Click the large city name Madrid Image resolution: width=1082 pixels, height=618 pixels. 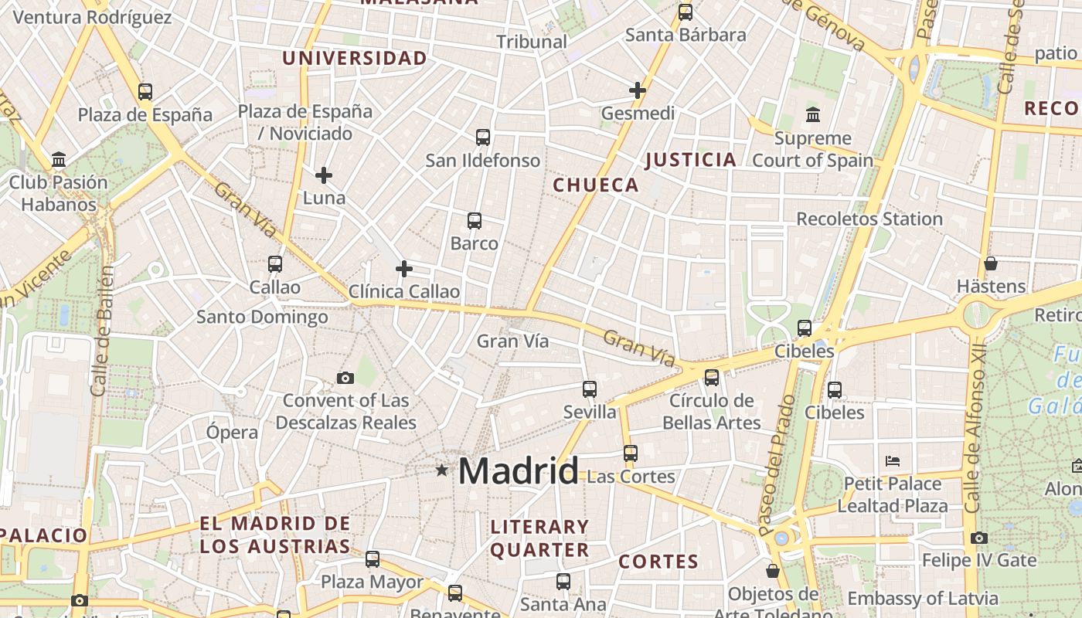pos(519,471)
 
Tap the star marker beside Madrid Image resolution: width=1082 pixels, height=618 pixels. pos(441,470)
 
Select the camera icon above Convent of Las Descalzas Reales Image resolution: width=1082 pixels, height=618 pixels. pos(345,378)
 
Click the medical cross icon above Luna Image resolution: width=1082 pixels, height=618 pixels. pos(324,175)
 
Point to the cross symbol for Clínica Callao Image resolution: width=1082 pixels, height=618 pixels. pos(403,269)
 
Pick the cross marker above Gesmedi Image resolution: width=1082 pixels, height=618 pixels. pos(638,90)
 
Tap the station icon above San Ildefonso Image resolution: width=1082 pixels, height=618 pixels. pos(483,138)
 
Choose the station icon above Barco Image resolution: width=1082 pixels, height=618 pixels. pos(475,221)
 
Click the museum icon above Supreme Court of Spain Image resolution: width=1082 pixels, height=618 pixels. pos(813,115)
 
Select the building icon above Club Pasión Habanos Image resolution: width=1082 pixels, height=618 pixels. pos(59,160)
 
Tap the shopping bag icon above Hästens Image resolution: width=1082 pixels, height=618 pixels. pos(991,263)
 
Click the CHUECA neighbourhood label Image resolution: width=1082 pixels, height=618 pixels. pos(596,185)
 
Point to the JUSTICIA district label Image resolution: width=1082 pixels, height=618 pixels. pos(690,160)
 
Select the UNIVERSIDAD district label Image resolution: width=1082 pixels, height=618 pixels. pos(354,58)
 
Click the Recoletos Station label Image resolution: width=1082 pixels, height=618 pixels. pos(869,219)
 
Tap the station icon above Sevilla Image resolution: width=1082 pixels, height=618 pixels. pos(590,389)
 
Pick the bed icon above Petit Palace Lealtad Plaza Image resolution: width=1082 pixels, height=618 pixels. pos(893,461)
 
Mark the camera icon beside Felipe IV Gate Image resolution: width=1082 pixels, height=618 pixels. pos(979,538)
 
